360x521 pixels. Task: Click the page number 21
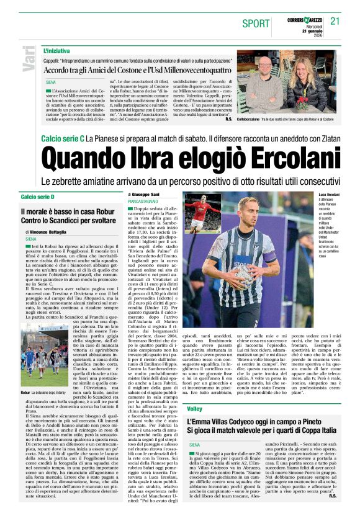(x=336, y=20)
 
